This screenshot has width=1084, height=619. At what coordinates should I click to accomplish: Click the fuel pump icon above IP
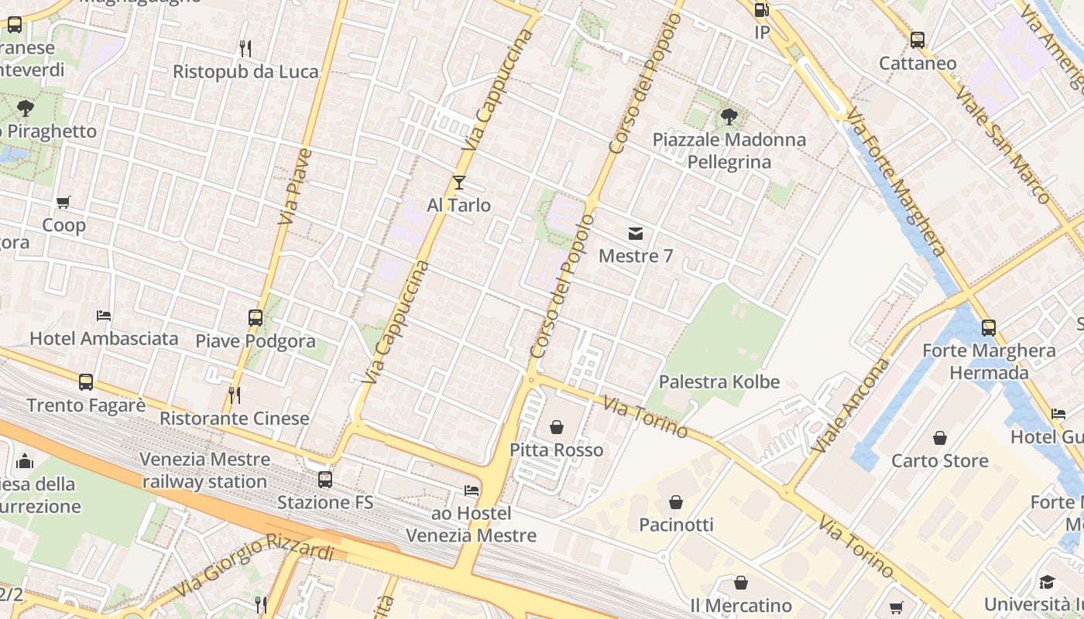pyautogui.click(x=762, y=10)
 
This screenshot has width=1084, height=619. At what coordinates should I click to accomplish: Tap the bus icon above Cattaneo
pyautogui.click(x=918, y=40)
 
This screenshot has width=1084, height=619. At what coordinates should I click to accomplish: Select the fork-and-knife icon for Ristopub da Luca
pyautogui.click(x=245, y=49)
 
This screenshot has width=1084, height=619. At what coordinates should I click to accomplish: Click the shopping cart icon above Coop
pyautogui.click(x=63, y=203)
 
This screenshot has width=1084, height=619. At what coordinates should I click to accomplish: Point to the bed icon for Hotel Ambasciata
pyautogui.click(x=104, y=316)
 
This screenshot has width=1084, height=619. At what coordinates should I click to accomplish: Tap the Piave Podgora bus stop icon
pyautogui.click(x=256, y=317)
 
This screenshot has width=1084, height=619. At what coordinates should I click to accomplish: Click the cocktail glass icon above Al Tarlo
pyautogui.click(x=459, y=183)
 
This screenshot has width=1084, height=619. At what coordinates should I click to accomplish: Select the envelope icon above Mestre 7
pyautogui.click(x=636, y=233)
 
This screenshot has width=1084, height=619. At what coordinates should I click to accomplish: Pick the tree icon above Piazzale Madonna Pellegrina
pyautogui.click(x=729, y=117)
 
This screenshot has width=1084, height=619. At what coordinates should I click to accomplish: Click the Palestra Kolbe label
pyautogui.click(x=719, y=382)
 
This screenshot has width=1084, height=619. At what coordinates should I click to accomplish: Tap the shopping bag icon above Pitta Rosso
pyautogui.click(x=556, y=427)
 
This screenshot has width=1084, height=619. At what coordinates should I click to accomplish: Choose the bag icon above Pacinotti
pyautogui.click(x=676, y=502)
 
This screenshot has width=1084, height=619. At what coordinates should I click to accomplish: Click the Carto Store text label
pyautogui.click(x=939, y=461)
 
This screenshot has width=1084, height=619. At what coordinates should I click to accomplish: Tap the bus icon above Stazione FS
pyautogui.click(x=325, y=480)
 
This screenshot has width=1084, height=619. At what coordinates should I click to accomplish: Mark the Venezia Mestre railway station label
pyautogui.click(x=204, y=470)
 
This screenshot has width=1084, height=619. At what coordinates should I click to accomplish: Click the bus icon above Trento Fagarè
pyautogui.click(x=86, y=382)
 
